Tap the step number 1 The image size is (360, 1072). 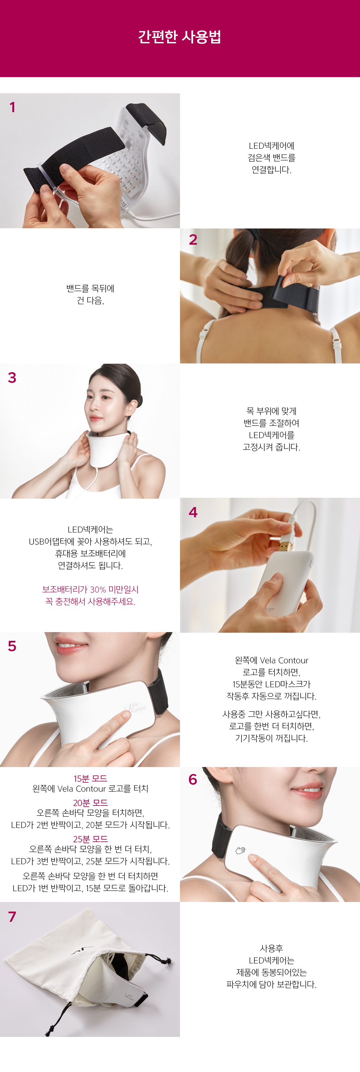[13, 107]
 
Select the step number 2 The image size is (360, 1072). [193, 240]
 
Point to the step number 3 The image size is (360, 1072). [12, 378]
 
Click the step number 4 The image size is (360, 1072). [193, 512]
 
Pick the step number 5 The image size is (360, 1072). [12, 646]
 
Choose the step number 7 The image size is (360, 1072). [12, 916]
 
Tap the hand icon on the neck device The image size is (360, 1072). [241, 850]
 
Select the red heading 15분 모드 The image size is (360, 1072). [90, 778]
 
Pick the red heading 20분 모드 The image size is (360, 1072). [90, 803]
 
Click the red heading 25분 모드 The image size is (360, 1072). [90, 839]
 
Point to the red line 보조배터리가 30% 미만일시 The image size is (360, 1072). [90, 589]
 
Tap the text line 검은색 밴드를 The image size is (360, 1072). [271, 158]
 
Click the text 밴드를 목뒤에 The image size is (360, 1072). [90, 288]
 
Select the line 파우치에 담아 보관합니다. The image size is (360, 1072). [271, 984]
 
